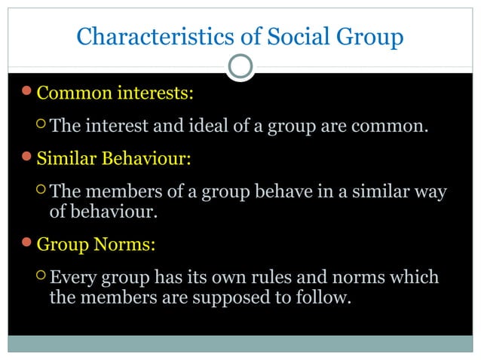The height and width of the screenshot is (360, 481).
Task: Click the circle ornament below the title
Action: click(240, 68)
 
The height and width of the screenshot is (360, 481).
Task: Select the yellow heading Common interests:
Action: click(115, 94)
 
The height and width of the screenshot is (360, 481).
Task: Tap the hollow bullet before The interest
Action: click(41, 126)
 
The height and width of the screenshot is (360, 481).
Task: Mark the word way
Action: click(430, 193)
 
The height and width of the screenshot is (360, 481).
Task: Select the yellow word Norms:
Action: click(133, 245)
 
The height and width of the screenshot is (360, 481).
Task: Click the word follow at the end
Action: click(326, 297)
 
